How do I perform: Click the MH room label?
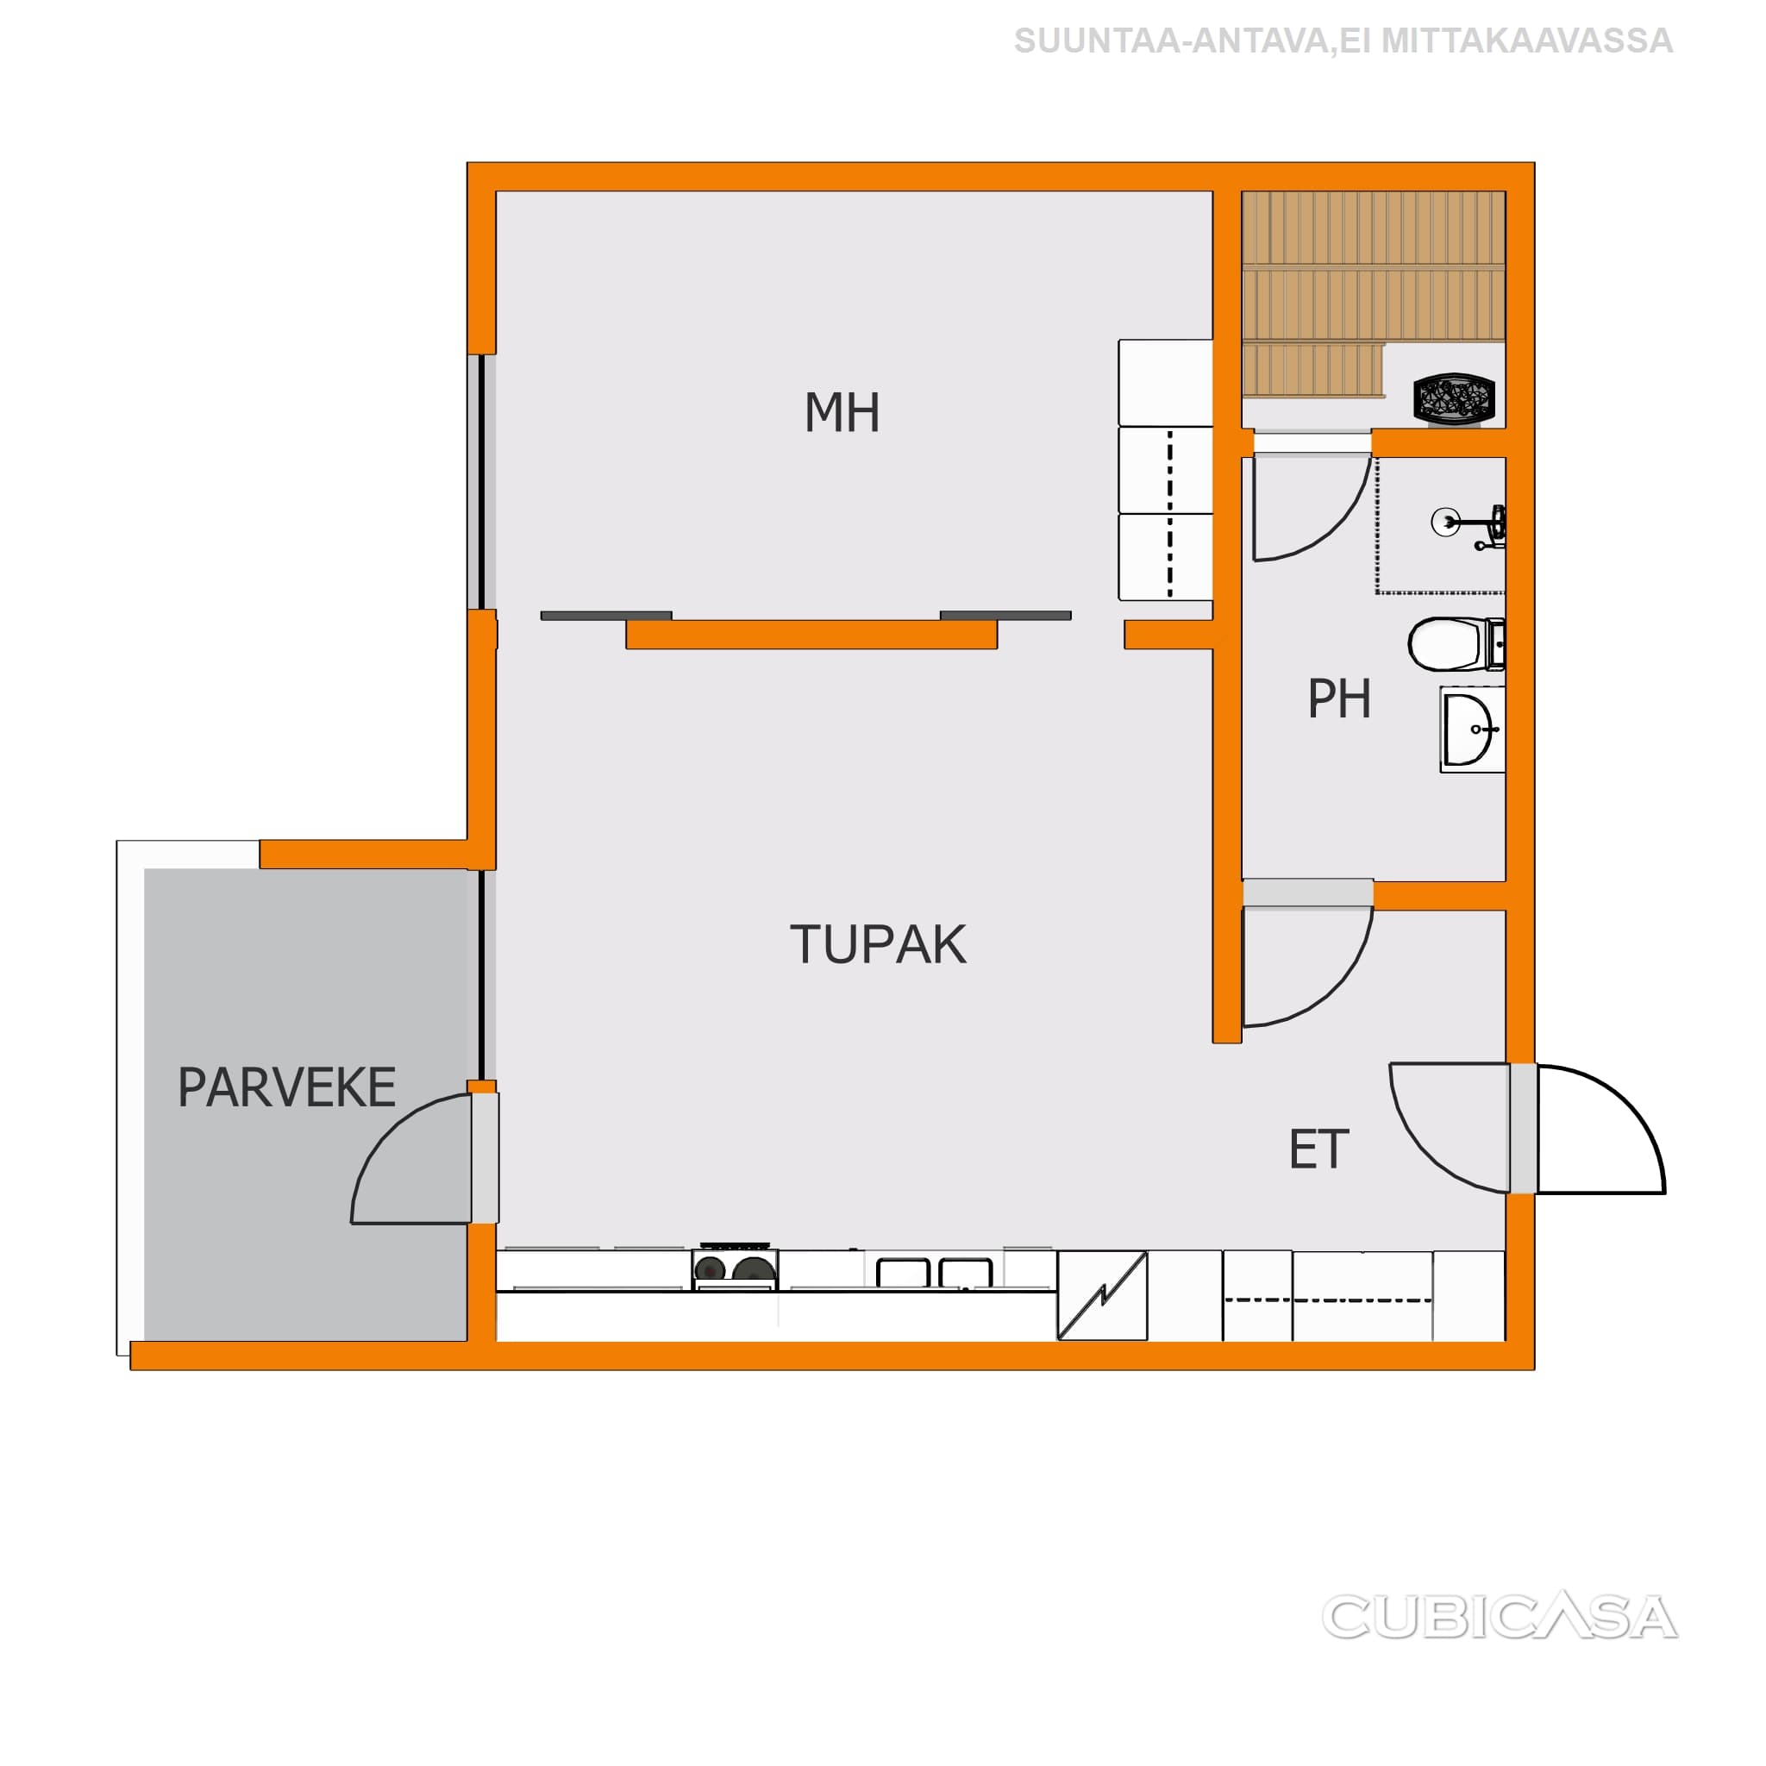842,412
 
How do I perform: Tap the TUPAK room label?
878,944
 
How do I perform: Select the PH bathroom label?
1339,699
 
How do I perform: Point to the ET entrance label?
1318,1150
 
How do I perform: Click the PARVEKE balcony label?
286,1087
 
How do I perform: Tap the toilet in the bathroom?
1456,642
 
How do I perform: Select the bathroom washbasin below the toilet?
1473,730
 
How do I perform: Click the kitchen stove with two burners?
735,1268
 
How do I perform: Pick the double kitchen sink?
934,1273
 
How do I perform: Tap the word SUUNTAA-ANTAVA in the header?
1170,41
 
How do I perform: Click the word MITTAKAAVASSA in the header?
1526,41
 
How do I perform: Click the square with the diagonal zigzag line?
1101,1294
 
